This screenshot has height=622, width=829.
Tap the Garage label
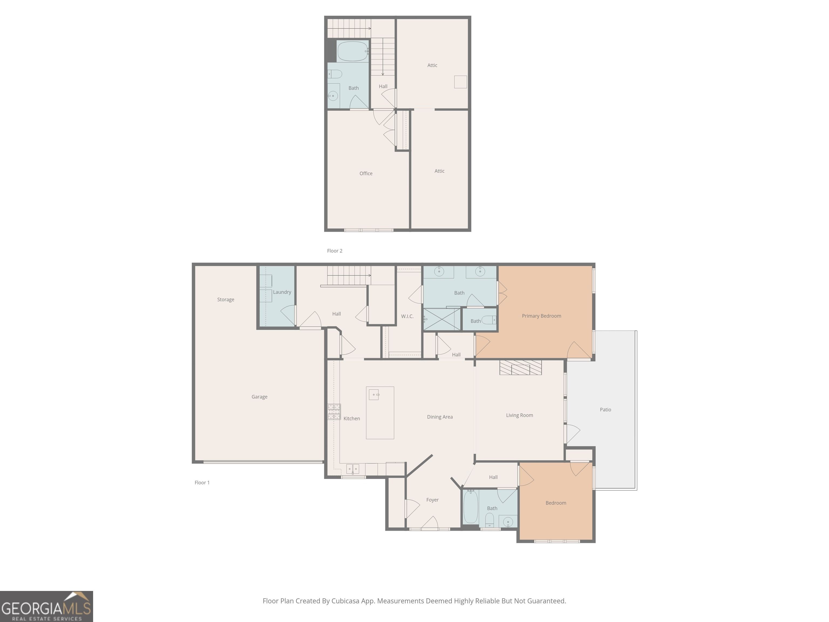[x=259, y=397]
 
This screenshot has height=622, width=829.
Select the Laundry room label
[x=282, y=292]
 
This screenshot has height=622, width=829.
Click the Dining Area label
[x=440, y=417]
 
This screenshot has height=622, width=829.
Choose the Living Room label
[x=519, y=415]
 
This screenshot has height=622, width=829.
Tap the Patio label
[x=605, y=410]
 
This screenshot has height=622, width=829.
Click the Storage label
[x=226, y=300]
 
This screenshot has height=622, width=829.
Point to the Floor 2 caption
[x=335, y=251]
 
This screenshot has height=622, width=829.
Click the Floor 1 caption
[x=202, y=482]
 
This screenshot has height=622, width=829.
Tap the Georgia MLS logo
[x=46, y=606]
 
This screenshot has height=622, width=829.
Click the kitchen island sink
[x=374, y=395]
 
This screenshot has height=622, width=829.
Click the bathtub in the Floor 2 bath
[x=352, y=51]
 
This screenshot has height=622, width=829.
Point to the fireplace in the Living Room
[x=521, y=367]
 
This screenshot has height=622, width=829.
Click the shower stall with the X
[x=442, y=319]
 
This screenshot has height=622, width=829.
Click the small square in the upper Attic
[x=461, y=82]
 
